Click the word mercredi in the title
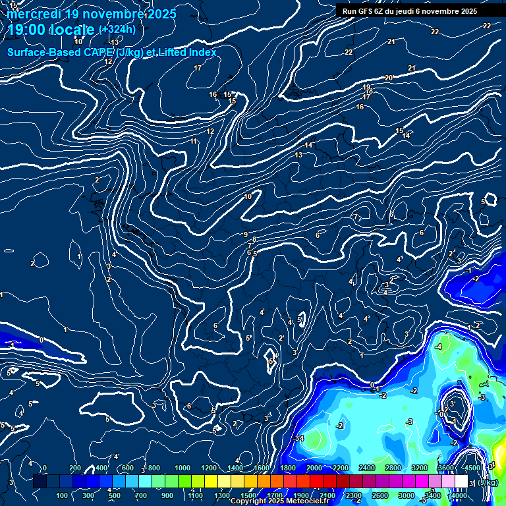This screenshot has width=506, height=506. (32, 14)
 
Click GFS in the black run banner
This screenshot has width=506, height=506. (365, 11)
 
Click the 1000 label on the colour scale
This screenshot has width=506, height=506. (182, 468)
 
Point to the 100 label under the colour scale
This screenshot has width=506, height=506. (63, 495)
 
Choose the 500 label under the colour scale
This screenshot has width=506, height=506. (115, 495)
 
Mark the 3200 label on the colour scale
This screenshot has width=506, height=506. (419, 468)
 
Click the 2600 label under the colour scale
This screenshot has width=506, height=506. (379, 495)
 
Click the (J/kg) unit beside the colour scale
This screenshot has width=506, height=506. (488, 483)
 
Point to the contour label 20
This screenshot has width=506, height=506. (389, 78)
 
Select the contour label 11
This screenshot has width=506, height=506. (194, 142)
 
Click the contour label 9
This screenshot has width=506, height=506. (246, 235)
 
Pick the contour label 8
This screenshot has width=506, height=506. (254, 239)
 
